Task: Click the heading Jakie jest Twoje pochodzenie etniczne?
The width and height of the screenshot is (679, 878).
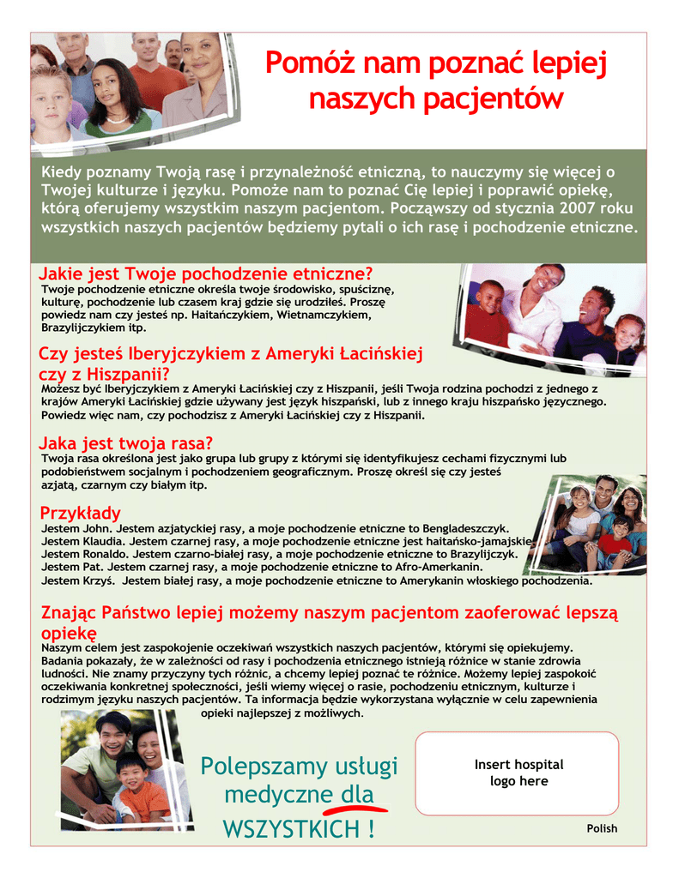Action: click(206, 274)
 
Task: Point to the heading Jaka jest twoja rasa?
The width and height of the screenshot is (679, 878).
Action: click(125, 444)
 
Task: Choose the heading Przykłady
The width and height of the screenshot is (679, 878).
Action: click(81, 514)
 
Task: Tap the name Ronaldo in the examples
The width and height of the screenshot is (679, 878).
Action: click(104, 555)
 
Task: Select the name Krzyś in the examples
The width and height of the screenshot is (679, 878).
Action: click(97, 580)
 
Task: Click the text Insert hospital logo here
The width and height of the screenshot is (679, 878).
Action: click(518, 773)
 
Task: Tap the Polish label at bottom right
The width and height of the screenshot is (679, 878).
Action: click(602, 828)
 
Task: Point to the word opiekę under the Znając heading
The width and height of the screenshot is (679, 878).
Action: click(69, 633)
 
